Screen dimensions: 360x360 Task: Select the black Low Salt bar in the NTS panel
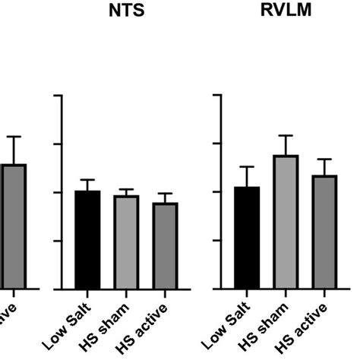pyautogui.click(x=87, y=239)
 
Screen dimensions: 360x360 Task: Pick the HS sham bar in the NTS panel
pyautogui.click(x=126, y=242)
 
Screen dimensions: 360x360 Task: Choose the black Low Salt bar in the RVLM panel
pyautogui.click(x=247, y=237)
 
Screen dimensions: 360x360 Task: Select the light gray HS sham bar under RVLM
pyautogui.click(x=286, y=222)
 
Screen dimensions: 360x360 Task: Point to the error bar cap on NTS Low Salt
pyautogui.click(x=87, y=180)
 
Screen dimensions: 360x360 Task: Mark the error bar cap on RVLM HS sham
pyautogui.click(x=286, y=136)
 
